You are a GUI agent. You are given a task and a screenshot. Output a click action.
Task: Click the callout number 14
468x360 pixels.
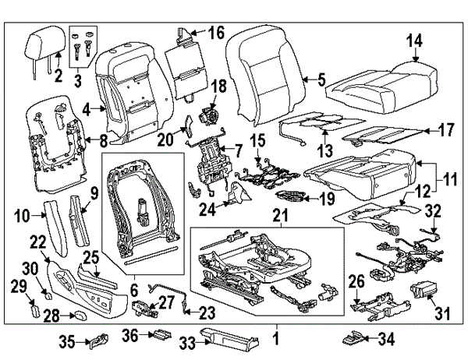click(413, 41)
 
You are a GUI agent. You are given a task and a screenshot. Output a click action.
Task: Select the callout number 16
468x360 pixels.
click(215, 32)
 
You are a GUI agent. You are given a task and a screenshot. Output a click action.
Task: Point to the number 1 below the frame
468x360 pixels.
click(275, 339)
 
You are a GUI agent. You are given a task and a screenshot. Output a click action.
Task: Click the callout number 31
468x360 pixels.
click(443, 313)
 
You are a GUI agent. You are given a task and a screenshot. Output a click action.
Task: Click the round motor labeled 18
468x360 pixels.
click(209, 113)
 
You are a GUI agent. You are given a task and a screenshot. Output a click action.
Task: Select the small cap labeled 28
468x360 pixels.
click(80, 314)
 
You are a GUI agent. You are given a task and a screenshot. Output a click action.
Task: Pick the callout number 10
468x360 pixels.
click(23, 214)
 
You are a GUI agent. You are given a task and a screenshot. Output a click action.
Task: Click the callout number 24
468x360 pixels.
click(206, 208)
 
